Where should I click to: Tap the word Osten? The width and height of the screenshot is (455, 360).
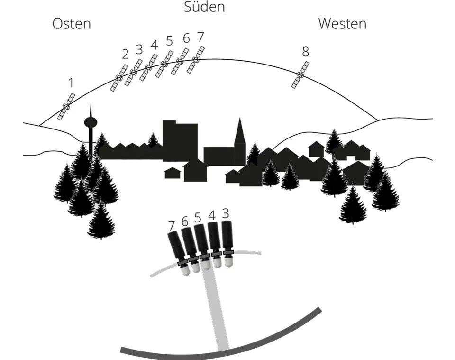coord(72,24)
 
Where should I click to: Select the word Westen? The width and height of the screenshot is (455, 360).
coord(342,24)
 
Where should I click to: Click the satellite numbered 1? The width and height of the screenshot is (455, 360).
coord(66,107)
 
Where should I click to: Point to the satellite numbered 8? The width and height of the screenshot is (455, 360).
coord(300,75)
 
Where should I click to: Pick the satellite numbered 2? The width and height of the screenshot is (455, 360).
coord(119,78)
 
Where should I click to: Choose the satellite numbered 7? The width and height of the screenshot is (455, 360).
coord(196,60)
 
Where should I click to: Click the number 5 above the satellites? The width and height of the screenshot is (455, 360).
coord(169,41)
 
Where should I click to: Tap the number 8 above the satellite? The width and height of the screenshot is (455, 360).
coord(305,52)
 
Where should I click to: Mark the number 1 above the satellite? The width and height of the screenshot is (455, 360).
coord(71,83)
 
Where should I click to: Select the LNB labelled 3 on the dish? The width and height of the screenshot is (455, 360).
coord(227,244)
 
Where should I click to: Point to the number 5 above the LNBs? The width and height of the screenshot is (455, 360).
coord(198,217)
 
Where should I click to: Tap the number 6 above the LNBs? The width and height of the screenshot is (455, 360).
coord(185,222)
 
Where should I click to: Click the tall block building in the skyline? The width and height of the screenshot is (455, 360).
coord(180,140)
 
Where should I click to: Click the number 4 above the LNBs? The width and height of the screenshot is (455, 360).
coord(212,215)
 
